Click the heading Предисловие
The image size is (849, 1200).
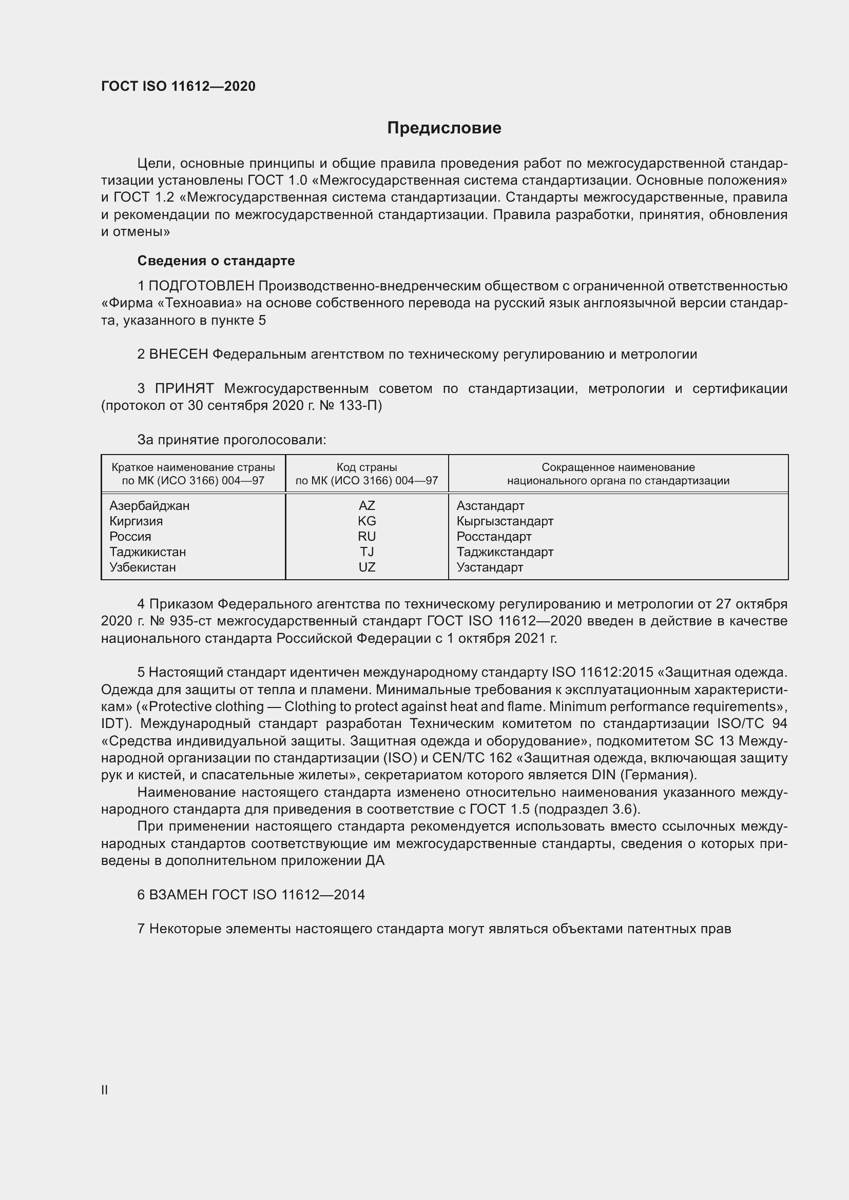444,128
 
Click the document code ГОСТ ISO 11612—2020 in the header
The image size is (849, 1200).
178,86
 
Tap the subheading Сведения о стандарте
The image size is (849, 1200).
216,260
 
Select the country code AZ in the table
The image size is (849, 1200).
366,505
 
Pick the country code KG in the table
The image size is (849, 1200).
366,521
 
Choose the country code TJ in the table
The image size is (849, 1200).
366,552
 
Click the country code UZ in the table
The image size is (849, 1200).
366,567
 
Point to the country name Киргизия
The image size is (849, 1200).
136,521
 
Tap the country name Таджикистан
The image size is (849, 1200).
147,552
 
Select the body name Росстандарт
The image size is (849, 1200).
493,537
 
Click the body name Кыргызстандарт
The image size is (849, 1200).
505,521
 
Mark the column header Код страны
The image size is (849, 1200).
366,467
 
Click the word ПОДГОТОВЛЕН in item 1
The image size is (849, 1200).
201,286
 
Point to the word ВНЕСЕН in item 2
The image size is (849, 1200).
179,355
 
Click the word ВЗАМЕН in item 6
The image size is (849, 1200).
179,895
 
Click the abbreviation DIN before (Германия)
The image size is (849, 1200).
603,775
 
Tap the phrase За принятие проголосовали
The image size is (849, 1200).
231,440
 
